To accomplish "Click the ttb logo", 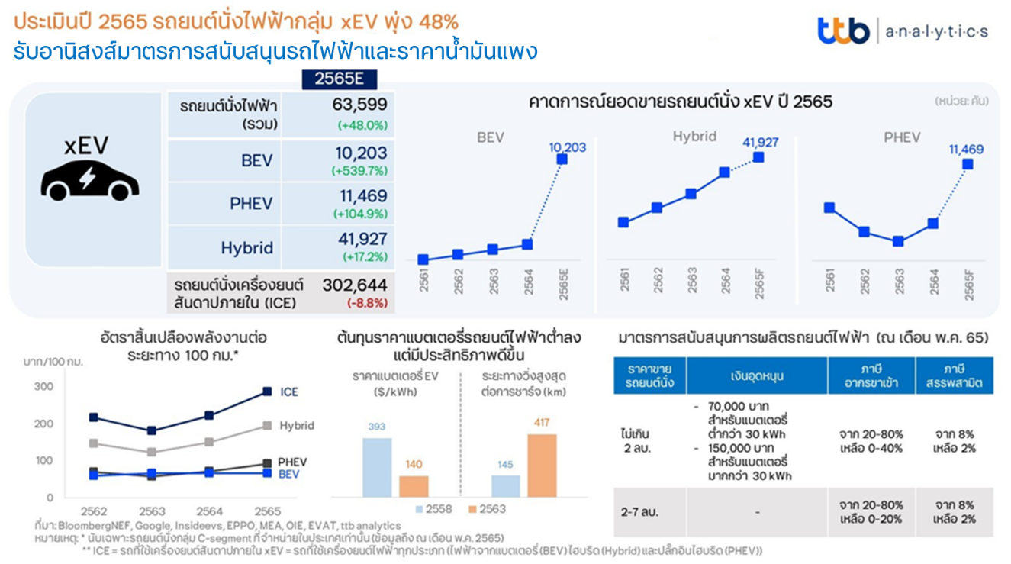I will point(843,31).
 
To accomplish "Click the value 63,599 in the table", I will point(359,105).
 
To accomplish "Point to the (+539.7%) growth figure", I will point(359,171).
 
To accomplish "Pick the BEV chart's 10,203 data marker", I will point(562,159).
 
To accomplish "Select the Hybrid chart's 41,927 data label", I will point(758,142).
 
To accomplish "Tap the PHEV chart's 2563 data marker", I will point(898,241).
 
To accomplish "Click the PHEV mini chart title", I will point(902,137).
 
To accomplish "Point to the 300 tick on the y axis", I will point(45,386).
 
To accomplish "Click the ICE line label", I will point(289,392).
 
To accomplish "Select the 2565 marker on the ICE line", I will point(266,392).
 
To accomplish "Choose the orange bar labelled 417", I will point(543,466).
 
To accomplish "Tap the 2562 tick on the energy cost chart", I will point(93,511).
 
